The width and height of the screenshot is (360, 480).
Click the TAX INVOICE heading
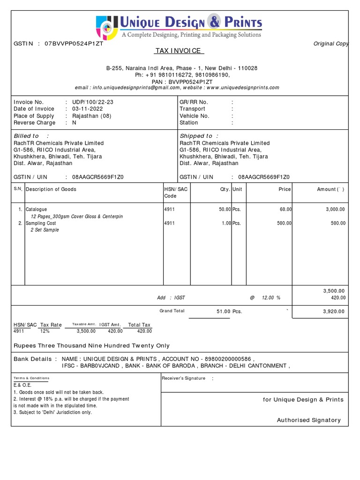tap(180, 51)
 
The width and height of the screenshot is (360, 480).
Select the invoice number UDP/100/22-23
tap(92, 102)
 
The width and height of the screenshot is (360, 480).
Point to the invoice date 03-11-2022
tap(88, 109)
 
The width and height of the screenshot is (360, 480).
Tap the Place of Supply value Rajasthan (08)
tap(91, 116)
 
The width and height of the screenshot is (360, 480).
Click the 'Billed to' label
tap(26, 136)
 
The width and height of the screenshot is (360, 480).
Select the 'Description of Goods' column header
tap(51, 189)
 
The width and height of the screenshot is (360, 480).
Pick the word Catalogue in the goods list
tap(36, 210)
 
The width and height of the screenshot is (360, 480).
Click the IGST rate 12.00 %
tap(271, 298)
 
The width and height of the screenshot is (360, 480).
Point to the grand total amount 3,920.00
tap(335, 311)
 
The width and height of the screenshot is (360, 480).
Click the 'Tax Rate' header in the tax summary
tap(51, 325)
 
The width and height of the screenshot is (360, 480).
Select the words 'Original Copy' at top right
tap(331, 44)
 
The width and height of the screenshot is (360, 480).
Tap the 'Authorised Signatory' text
tap(309, 420)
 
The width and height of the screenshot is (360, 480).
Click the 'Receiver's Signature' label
tap(183, 378)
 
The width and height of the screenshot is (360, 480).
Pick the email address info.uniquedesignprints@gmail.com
tap(136, 88)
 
